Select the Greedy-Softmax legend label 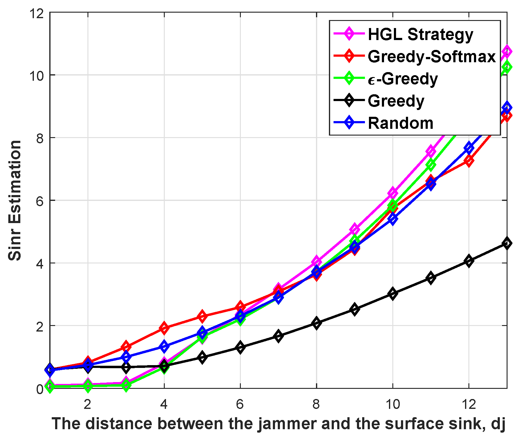pos(431,56)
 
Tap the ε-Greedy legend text pos(403,79)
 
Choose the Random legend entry pos(400,123)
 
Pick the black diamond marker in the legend pos(349,101)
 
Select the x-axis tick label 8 pos(316,404)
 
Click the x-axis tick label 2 pos(88,404)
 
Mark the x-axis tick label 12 pos(468,404)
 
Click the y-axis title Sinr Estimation pos(15,200)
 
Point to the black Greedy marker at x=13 pos(507,243)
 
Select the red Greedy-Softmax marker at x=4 pos(164,328)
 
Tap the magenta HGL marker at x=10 pos(392,193)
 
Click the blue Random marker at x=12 pos(469,148)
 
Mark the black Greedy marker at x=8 pos(316,323)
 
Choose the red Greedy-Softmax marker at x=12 pos(469,161)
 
